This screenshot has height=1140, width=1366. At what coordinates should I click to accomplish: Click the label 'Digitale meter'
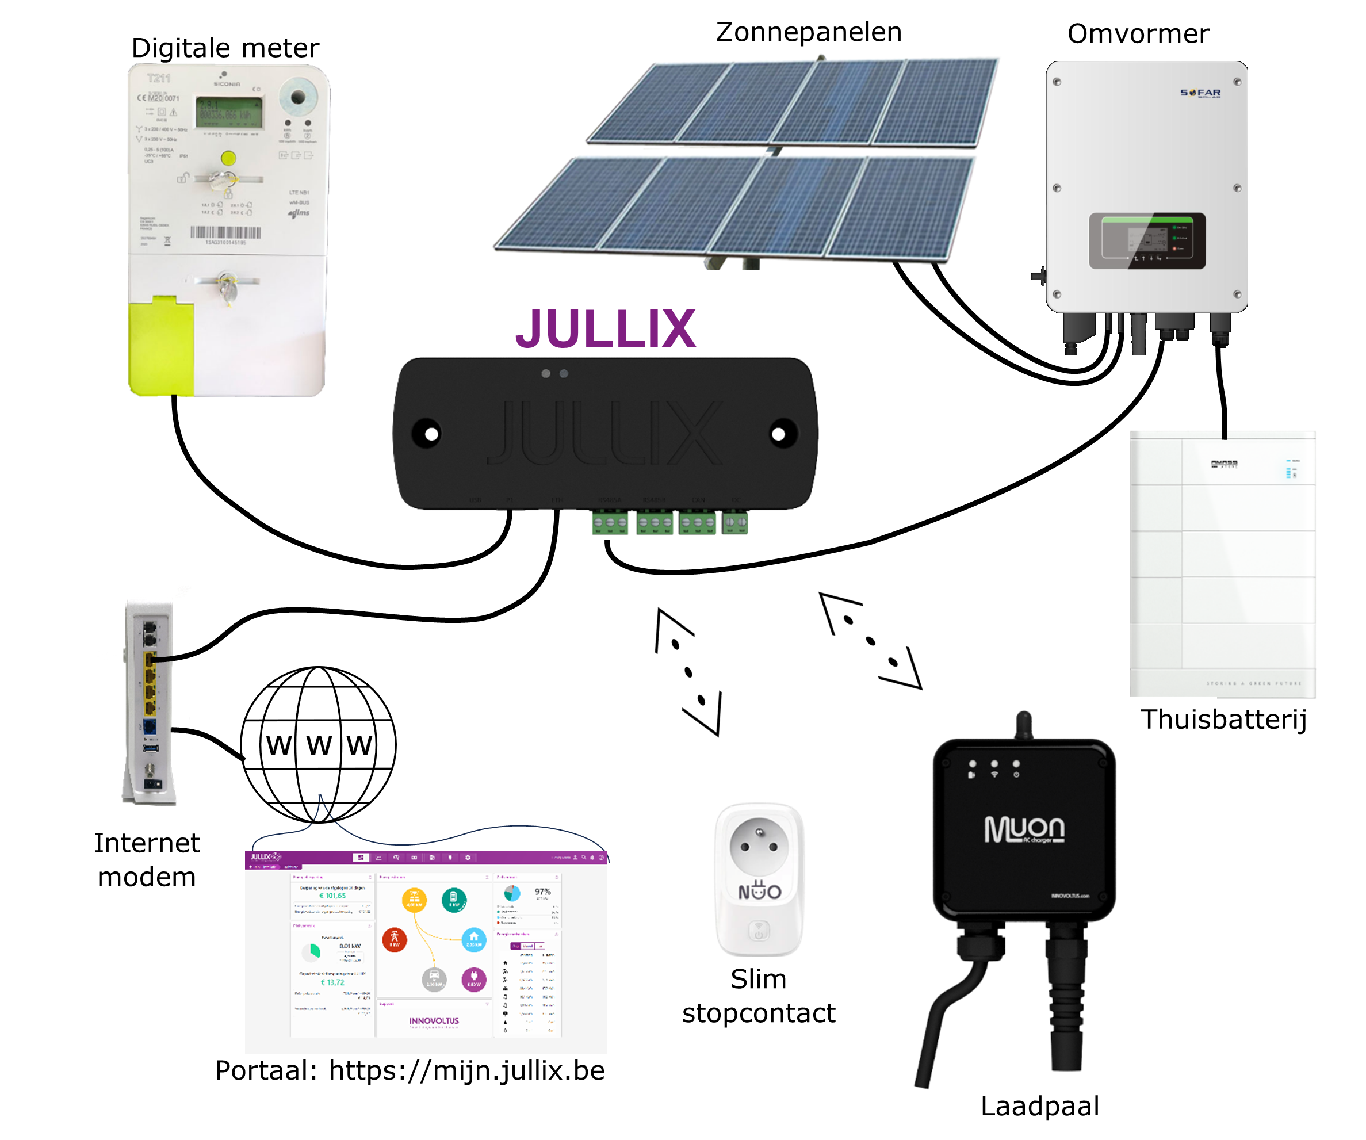pos(225,48)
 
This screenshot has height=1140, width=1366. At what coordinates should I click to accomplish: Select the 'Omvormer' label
pos(1138,34)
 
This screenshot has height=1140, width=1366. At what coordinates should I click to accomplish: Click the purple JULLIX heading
pos(606,329)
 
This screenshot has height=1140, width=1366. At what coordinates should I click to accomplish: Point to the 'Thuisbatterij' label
pos(1223,720)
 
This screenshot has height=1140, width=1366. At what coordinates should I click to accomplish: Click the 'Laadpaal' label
pos(1039,1106)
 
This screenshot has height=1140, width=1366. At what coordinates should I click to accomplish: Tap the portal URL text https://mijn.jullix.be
pos(466,1070)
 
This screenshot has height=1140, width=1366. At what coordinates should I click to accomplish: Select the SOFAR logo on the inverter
pos(1200,93)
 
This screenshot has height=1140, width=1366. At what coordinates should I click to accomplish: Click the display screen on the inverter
pos(1147,240)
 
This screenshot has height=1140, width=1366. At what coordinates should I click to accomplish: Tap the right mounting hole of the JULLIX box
pos(779,434)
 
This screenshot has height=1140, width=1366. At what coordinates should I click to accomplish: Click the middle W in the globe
pos(319,746)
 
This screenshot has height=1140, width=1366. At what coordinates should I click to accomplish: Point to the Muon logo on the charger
pos(1024,829)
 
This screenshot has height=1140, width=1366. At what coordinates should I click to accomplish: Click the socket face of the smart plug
pos(759,846)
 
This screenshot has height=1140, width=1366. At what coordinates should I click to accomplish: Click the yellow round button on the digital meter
pos(228,158)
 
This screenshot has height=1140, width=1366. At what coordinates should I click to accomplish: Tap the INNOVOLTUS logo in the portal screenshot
pos(434,1021)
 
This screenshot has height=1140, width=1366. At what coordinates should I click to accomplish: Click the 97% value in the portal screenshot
pos(542,892)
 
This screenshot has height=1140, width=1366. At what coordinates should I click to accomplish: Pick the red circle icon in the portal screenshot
pos(395,939)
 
